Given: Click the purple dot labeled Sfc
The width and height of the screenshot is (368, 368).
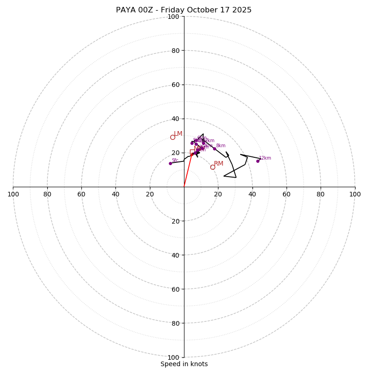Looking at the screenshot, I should pos(170,163).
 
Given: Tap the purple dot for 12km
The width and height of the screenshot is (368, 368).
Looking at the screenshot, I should pos(258,161).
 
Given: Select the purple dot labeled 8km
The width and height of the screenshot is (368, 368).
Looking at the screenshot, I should pos(214,149).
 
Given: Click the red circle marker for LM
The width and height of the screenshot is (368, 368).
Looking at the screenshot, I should pos(172,137).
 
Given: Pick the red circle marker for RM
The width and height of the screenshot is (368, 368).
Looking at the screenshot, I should pos(213,167).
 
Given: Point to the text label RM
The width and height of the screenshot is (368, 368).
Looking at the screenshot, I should pos(218,164).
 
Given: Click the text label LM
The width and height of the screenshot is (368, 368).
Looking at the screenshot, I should pos(178,134).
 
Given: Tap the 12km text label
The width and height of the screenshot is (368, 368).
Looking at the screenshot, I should pos(265,158).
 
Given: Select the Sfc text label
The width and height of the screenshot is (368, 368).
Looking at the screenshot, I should pos(175,161).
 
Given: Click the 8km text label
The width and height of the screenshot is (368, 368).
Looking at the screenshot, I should pos(221,146).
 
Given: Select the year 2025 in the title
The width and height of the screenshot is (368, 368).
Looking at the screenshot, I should pos(242,10).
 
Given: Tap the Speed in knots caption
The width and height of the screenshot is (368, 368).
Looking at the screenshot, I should pos(184,364).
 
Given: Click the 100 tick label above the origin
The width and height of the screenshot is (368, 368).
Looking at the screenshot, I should pos(173,17).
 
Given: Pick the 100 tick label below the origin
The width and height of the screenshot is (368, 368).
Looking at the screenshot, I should pos(173,357).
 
